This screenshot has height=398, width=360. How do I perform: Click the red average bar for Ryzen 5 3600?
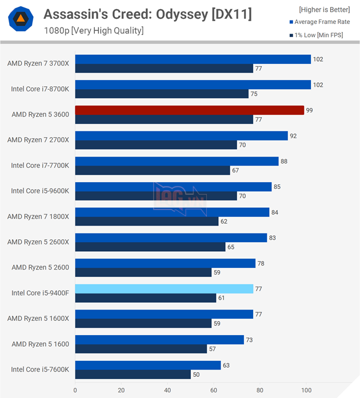point(189,110)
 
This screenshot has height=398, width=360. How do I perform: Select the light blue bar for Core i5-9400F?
point(164,289)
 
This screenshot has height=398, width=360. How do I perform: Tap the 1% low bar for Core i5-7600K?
point(133,375)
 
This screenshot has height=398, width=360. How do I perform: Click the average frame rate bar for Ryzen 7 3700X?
point(193,59)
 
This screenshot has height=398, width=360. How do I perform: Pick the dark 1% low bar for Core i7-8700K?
point(162,94)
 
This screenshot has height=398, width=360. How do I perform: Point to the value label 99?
point(309,110)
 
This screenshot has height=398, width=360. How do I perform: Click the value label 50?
point(197,375)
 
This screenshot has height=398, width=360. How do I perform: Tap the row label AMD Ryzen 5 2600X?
point(38,242)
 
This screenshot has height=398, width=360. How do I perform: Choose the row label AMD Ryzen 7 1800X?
point(38,216)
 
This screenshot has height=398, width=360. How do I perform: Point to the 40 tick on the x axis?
point(167,391)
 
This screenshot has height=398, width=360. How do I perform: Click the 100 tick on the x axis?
point(306,391)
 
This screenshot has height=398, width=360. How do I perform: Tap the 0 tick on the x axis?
point(75,391)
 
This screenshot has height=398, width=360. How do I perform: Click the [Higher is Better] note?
point(324,9)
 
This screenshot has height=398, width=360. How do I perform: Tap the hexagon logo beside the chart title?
point(20,20)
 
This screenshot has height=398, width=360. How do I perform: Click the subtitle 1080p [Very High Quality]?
point(94,30)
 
